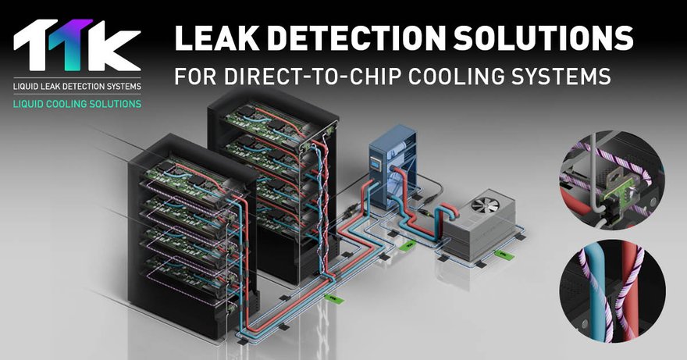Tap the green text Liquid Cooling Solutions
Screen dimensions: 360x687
pos(77,103)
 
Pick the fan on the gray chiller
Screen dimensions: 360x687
pos(486,209)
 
